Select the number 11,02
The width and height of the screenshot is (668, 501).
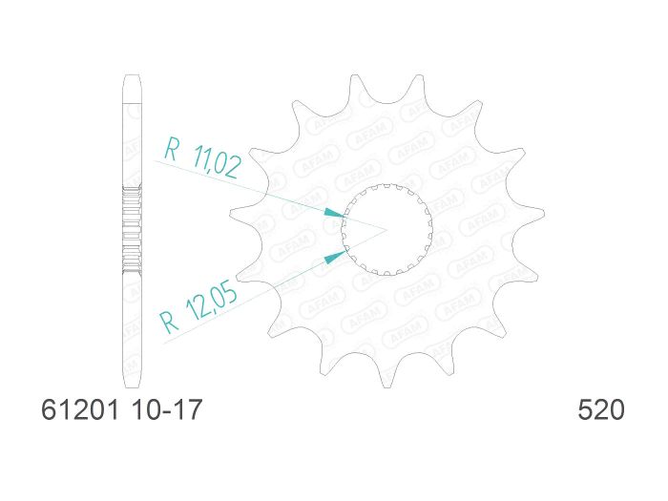pyautogui.click(x=216, y=164)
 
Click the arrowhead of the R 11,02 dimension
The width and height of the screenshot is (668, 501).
pyautogui.click(x=333, y=211)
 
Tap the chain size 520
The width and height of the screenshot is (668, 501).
pyautogui.click(x=601, y=411)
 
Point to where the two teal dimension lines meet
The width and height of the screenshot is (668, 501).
pyautogui.click(x=386, y=230)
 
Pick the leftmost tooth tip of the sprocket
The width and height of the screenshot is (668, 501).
pyautogui.click(x=233, y=213)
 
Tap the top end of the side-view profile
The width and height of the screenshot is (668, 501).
pyautogui.click(x=133, y=76)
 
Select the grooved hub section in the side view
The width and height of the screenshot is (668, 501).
pyautogui.click(x=133, y=229)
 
